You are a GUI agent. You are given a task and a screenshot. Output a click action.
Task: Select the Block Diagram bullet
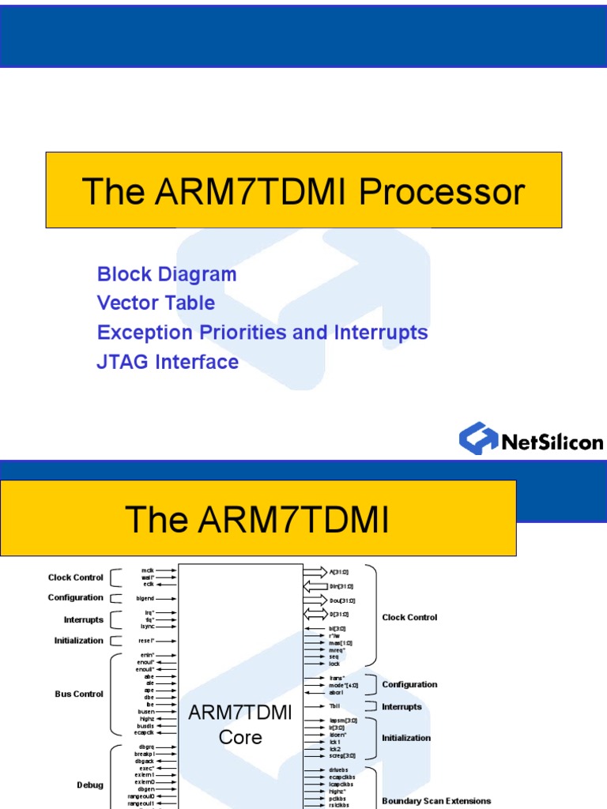coord(167,274)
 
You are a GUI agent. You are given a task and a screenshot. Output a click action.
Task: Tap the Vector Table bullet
coord(156,303)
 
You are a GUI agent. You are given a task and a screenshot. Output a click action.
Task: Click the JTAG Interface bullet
coord(168,362)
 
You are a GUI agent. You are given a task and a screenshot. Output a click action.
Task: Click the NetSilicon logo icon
coord(478,439)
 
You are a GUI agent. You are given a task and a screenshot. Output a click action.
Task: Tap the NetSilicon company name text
coord(552,442)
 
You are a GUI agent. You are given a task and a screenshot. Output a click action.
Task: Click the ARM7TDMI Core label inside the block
coord(240,724)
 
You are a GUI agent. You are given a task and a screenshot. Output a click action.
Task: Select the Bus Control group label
coord(79,694)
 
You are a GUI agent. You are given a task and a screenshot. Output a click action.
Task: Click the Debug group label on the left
coord(90,785)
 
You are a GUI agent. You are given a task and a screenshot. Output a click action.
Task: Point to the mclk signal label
coord(148,570)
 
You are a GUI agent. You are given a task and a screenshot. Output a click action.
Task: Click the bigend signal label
coord(145,598)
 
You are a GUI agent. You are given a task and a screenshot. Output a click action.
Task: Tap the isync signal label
coord(147,626)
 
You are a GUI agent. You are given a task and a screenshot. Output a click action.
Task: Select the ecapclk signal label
coord(145,732)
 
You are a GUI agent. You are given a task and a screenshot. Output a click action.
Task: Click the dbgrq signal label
coord(146,747)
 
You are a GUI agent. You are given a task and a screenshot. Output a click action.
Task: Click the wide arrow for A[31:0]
coord(315,571)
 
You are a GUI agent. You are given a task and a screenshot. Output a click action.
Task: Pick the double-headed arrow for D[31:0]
coord(315,614)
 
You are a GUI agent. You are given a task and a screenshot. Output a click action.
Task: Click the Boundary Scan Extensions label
coord(436,800)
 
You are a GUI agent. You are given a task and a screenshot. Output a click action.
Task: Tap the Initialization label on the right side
coord(406,737)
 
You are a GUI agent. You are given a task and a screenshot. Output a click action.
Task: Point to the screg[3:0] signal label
coord(342,755)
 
